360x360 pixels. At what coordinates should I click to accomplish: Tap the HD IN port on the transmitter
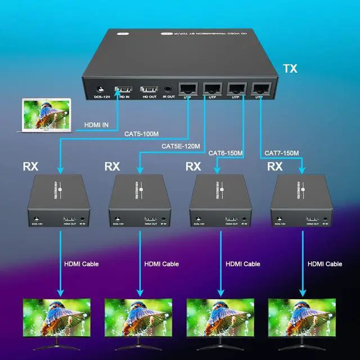click(x=123, y=89)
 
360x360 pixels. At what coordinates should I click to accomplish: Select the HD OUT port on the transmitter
click(x=148, y=89)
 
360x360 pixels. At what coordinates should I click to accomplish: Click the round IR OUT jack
click(x=169, y=89)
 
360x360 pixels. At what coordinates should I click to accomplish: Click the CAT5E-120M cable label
click(x=178, y=146)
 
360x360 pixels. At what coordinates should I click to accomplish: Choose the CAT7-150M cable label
click(x=279, y=153)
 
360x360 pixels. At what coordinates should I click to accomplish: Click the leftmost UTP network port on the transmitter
click(x=187, y=88)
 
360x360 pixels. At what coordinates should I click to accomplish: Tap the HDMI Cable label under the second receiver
click(x=161, y=263)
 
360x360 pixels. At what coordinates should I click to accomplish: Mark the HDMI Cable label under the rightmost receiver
click(x=325, y=263)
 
